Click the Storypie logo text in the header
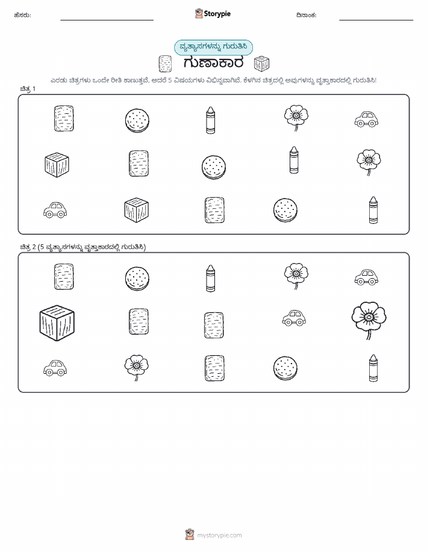point(217,14)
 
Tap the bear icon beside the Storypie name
point(199,13)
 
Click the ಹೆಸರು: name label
point(22,15)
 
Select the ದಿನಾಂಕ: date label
point(306,15)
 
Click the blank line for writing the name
point(107,20)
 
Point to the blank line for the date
point(376,20)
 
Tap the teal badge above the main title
point(213,47)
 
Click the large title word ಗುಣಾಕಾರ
point(213,63)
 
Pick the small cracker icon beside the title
point(165,64)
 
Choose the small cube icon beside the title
point(261,63)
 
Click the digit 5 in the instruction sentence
point(170,80)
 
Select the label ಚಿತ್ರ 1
point(28,88)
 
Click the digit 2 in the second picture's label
point(34,247)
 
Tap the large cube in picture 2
point(57,323)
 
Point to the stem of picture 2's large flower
point(369,334)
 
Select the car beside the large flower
point(294,318)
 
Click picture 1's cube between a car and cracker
point(136,210)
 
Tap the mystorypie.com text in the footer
point(219,535)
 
